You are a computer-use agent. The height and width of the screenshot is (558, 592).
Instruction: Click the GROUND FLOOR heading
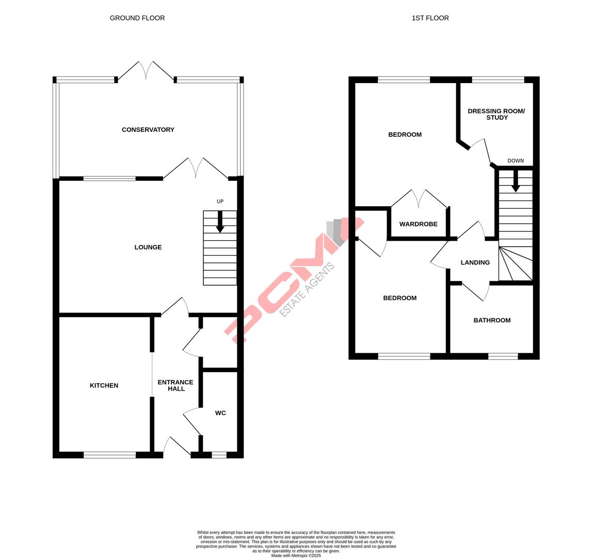137,18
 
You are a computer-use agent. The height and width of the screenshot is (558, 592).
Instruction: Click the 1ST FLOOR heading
430,18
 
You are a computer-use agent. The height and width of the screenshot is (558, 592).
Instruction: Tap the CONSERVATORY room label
148,130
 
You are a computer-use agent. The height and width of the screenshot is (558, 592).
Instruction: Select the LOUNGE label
148,247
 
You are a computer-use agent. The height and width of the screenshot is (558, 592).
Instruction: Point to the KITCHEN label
104,385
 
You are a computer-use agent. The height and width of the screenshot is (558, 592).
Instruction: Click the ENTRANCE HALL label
175,385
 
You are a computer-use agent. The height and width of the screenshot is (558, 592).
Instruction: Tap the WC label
220,413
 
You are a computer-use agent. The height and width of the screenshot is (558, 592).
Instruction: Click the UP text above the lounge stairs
220,202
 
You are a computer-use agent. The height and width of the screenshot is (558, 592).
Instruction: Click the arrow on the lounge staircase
220,222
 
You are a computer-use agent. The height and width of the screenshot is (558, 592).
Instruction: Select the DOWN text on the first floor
515,161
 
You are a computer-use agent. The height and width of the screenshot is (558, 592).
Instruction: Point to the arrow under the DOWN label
515,182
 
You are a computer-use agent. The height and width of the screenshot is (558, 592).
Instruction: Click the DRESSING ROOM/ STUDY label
496,114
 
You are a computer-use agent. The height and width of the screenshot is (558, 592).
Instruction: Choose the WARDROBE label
418,224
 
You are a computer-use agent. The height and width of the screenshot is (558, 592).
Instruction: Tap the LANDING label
475,262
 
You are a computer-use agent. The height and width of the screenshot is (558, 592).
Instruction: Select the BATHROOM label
492,320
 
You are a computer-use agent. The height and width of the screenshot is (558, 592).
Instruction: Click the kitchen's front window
109,455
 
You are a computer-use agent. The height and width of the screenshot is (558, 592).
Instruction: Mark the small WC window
219,455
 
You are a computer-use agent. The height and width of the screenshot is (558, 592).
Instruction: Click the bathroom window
503,356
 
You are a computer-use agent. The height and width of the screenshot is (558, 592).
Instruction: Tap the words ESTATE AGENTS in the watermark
307,289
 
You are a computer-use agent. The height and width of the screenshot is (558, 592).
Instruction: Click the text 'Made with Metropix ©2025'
296,555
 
